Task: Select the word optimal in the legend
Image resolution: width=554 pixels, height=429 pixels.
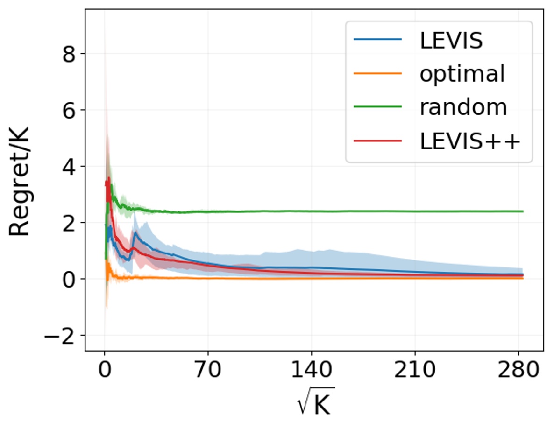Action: coord(462,74)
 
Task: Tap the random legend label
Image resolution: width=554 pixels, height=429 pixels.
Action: coord(463,107)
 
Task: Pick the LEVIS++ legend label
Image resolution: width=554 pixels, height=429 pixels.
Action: coord(470,141)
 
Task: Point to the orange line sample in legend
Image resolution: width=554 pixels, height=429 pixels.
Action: coord(378,74)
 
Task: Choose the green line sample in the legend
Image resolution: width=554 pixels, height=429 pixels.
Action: coord(378,107)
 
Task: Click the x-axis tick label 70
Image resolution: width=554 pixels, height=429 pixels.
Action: coord(208,370)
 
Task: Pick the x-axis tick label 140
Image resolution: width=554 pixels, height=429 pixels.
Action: coord(312,370)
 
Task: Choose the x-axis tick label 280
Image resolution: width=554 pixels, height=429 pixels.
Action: coord(518,370)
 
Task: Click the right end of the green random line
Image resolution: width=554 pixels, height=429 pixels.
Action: coord(522,211)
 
